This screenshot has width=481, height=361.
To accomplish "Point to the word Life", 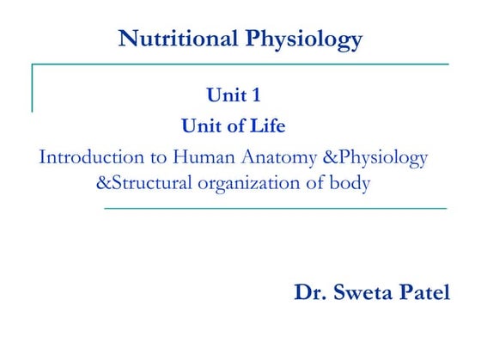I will point(267,126).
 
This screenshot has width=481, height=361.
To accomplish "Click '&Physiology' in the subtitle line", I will point(374,157).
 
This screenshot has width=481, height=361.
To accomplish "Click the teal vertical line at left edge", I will point(33,86).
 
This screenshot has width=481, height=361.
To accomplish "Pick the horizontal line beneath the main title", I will point(240,64).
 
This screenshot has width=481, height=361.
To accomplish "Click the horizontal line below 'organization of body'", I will point(275,209).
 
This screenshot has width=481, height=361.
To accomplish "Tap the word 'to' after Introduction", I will point(155,158).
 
